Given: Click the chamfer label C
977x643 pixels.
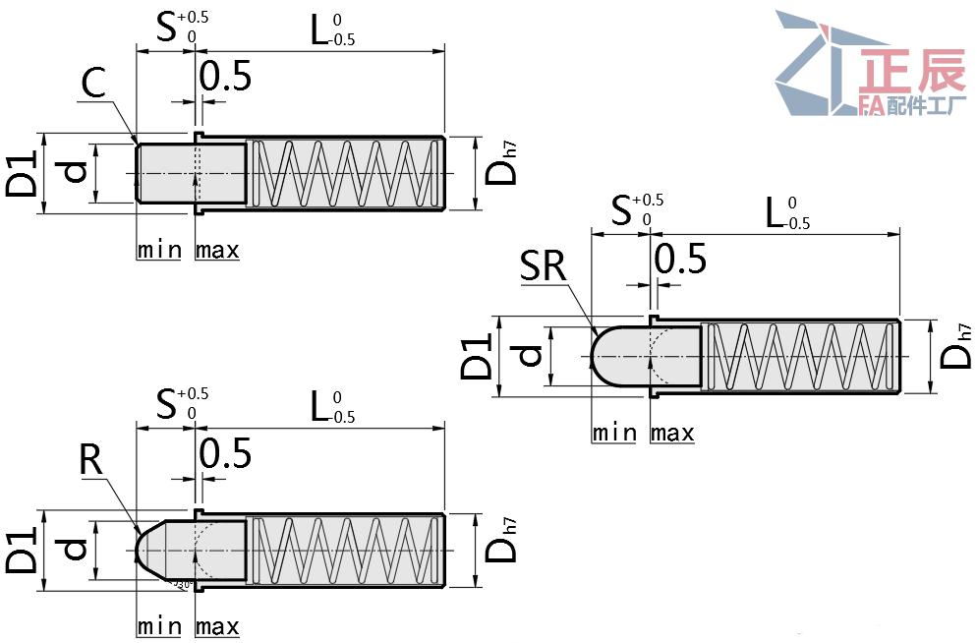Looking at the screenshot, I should click(92, 86).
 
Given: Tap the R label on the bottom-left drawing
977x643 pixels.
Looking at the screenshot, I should click(91, 462).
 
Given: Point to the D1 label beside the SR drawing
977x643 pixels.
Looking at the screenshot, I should click(477, 356).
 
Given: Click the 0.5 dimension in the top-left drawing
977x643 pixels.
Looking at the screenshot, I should click(225, 76).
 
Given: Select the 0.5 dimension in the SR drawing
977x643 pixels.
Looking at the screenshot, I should click(680, 259).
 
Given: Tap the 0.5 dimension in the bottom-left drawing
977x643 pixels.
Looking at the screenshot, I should click(225, 454).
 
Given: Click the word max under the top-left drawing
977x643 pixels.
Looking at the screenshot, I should click(217, 250).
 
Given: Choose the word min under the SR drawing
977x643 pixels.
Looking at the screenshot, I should click(614, 433).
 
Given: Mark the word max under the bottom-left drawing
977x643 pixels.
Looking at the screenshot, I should click(217, 626).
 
